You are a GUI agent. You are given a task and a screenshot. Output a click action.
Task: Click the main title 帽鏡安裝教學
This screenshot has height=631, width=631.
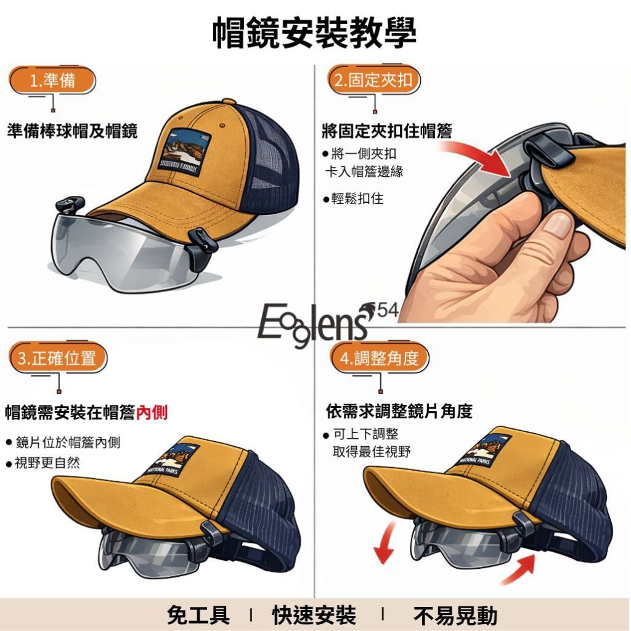[314, 33]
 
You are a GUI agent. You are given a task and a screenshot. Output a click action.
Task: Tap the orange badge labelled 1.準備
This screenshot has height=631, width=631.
[52, 81]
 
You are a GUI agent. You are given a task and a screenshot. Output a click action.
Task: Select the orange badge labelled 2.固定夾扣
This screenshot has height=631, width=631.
[374, 79]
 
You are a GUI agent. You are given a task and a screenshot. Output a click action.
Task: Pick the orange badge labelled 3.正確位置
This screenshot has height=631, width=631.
[57, 358]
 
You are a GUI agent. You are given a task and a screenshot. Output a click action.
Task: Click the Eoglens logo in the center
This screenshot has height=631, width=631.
[314, 325]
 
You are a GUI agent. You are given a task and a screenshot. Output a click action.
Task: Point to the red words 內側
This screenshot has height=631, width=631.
[152, 412]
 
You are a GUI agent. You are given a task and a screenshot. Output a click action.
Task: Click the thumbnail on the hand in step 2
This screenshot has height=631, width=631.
[557, 224]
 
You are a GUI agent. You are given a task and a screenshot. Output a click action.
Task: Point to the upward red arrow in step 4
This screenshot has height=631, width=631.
[519, 568]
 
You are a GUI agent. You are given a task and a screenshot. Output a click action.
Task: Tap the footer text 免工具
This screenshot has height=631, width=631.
[198, 616]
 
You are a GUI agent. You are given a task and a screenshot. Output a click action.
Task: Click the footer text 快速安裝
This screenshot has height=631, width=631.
[314, 616]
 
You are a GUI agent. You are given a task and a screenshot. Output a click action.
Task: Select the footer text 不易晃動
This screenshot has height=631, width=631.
[455, 616]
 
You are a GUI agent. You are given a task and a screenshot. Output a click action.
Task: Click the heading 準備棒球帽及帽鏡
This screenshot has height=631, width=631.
[73, 131]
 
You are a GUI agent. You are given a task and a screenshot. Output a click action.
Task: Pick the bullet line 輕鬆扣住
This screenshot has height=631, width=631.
[353, 198]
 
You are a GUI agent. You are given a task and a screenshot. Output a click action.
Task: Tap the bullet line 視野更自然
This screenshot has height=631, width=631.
[43, 463]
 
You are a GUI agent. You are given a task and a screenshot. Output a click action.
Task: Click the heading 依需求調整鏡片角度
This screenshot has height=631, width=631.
[399, 411]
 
